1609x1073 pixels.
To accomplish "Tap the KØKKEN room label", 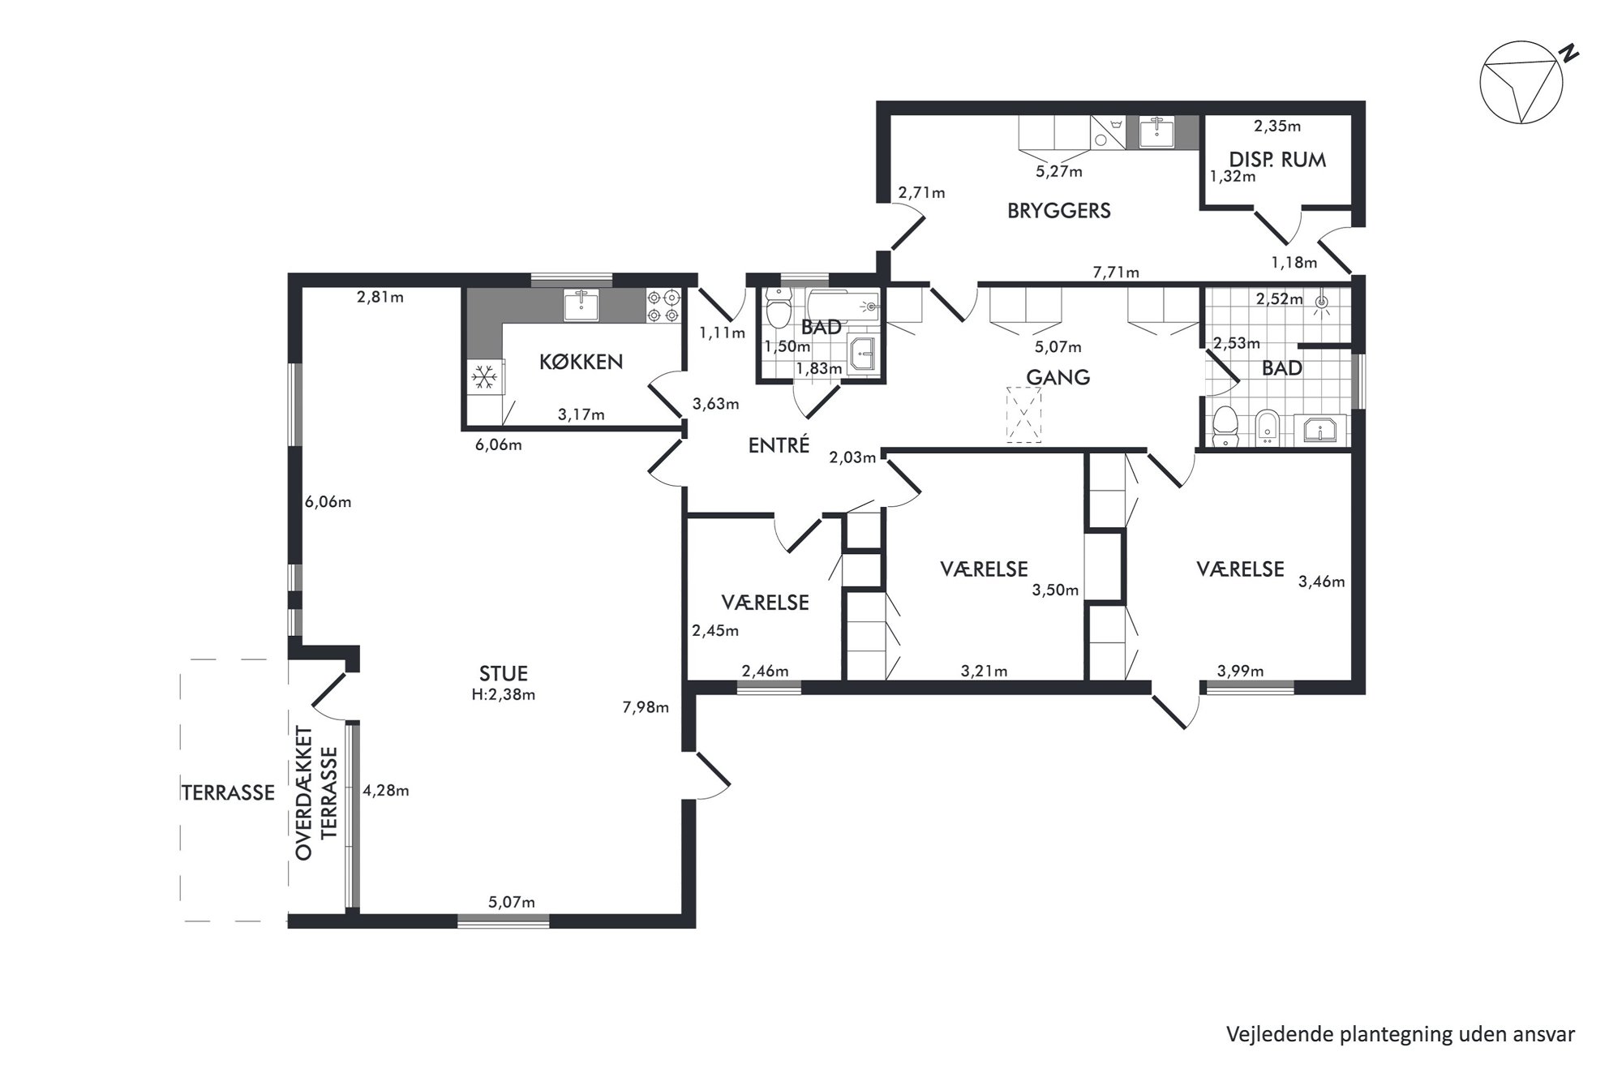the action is pyautogui.click(x=581, y=362).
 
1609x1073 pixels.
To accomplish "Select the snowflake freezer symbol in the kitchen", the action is pyautogui.click(x=485, y=376).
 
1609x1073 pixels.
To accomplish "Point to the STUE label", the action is pyautogui.click(x=504, y=673).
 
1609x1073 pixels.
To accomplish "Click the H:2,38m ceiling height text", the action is pyautogui.click(x=504, y=695).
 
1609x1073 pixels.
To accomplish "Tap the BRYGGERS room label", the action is pyautogui.click(x=1059, y=211).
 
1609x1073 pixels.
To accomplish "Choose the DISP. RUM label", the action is pyautogui.click(x=1278, y=160).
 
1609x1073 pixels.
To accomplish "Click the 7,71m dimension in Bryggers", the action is pyautogui.click(x=1116, y=273).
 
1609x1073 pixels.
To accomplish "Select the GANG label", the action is pyautogui.click(x=1058, y=377).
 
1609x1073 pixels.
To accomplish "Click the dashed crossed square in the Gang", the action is pyautogui.click(x=1023, y=414).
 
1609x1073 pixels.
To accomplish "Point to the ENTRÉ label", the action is pyautogui.click(x=779, y=444).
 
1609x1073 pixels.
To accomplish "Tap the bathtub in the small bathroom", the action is pyautogui.click(x=843, y=307).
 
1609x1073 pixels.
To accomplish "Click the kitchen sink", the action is pyautogui.click(x=581, y=305).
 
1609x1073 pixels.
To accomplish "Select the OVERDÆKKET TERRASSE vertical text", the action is pyautogui.click(x=316, y=792).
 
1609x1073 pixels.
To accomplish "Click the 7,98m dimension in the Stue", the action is pyautogui.click(x=646, y=707).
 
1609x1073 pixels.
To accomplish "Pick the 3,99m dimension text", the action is pyautogui.click(x=1241, y=671).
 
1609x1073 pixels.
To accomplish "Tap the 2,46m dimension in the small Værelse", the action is pyautogui.click(x=766, y=671).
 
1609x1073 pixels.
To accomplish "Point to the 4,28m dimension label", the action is pyautogui.click(x=385, y=790).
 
